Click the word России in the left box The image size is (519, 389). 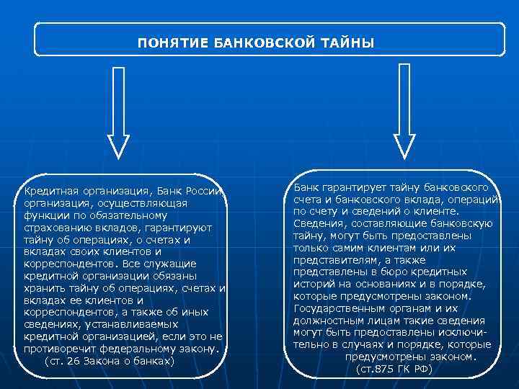point(206,191)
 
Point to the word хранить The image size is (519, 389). point(45,288)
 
